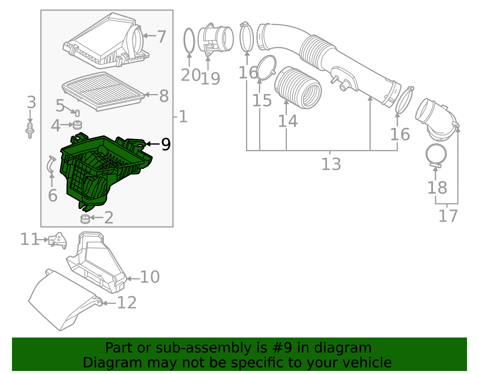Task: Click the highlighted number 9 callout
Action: (x=166, y=145)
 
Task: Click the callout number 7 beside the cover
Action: (x=161, y=37)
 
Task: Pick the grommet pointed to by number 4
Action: (x=78, y=125)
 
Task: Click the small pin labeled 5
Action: (x=77, y=113)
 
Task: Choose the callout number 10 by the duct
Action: (x=150, y=277)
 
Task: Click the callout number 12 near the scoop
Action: (x=127, y=303)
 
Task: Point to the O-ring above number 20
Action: (x=189, y=41)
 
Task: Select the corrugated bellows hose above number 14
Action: (x=298, y=88)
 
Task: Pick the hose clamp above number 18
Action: (x=436, y=155)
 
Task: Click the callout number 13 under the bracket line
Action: (x=331, y=164)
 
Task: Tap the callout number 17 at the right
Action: (x=448, y=216)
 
